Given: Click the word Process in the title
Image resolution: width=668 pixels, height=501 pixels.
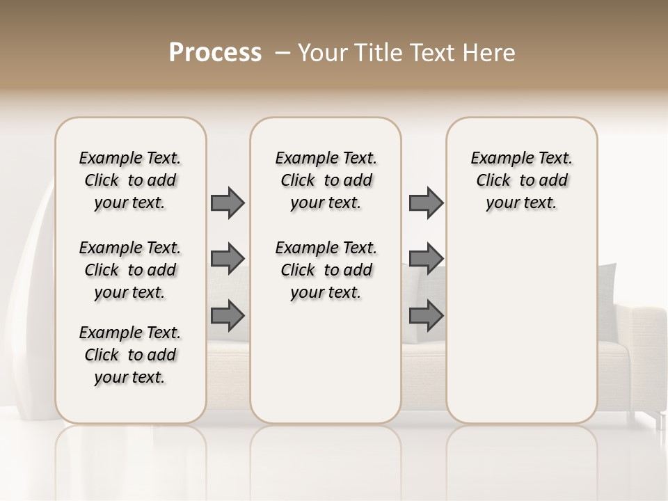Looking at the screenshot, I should pos(215,53).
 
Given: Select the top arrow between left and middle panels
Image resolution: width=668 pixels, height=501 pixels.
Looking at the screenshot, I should pos(228,202).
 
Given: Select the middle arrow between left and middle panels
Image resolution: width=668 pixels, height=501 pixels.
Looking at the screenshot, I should pos(228,259).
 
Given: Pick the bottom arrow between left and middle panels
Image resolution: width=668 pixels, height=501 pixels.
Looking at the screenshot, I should pos(228,316).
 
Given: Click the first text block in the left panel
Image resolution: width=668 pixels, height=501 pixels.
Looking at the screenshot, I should pos(130,180).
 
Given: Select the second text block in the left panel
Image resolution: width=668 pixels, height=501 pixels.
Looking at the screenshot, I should pos(130,270).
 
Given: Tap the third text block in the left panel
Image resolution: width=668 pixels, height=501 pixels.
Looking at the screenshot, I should pos(130,355).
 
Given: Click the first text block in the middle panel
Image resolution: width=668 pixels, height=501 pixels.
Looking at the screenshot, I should pos(326,180).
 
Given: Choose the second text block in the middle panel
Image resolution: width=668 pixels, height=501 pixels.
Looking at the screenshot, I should pos(326,270).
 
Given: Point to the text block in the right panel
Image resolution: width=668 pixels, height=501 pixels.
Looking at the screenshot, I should pos(521,180).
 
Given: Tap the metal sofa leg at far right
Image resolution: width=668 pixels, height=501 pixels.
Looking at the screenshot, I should pos(658,420).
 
